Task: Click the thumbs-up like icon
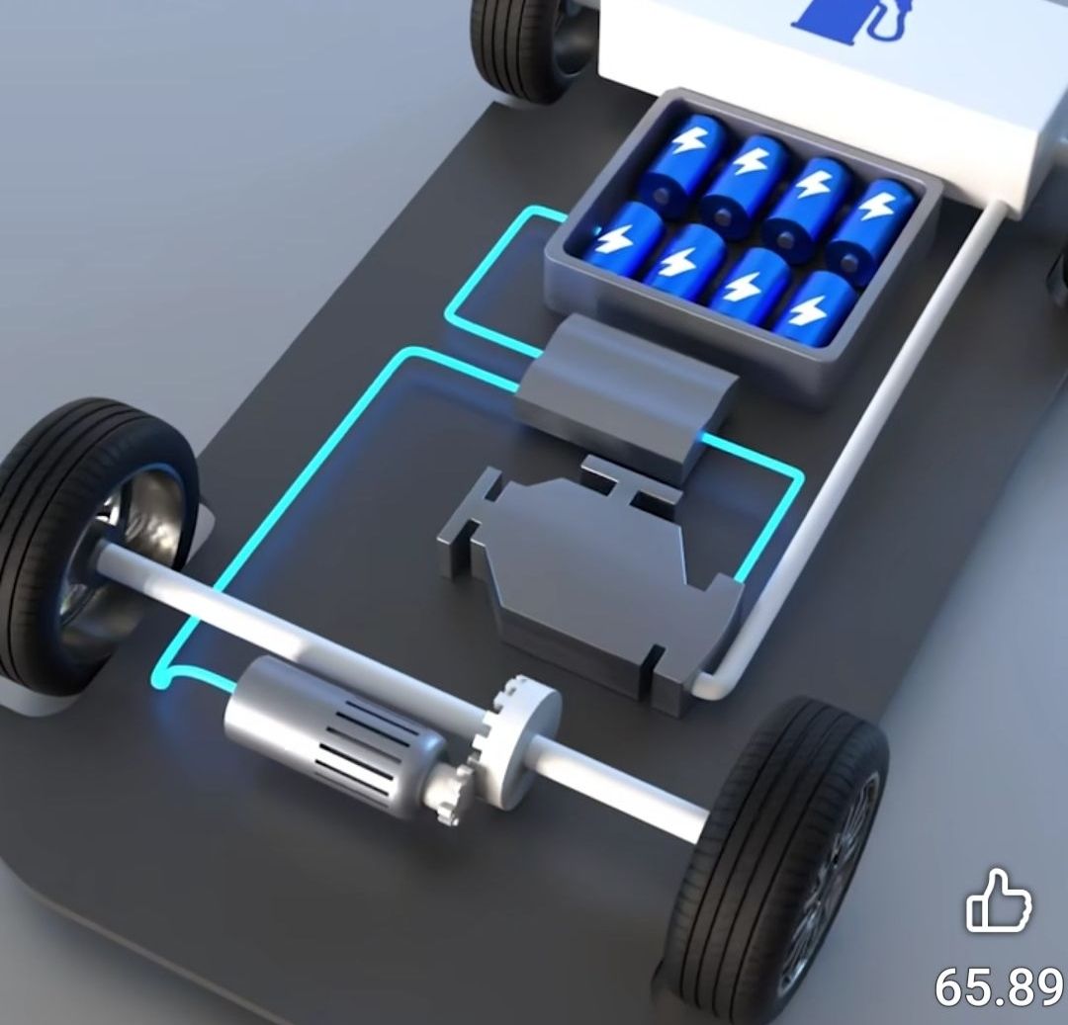pos(999,901)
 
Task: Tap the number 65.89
pos(999,986)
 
